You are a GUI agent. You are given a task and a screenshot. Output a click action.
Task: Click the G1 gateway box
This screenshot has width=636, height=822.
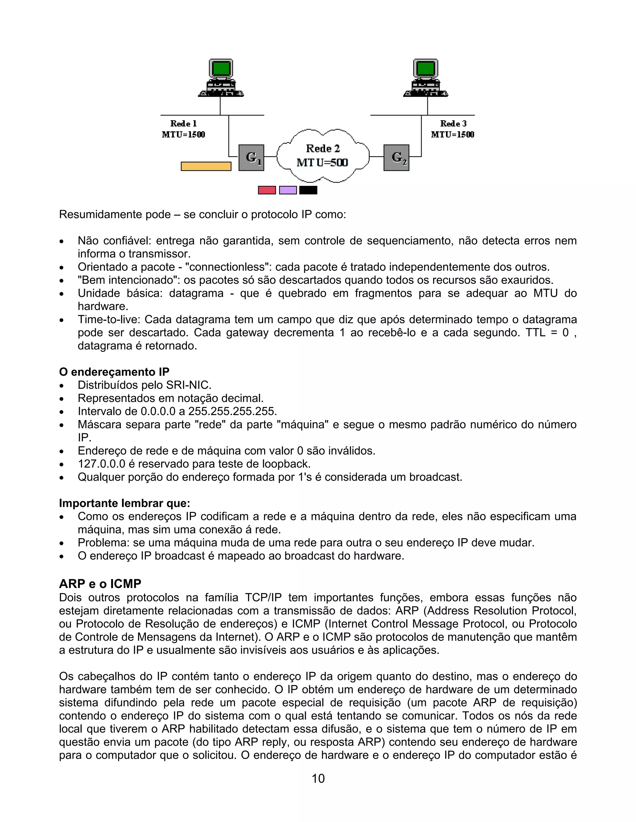(251, 158)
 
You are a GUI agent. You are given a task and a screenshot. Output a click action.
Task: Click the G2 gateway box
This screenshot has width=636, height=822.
(396, 158)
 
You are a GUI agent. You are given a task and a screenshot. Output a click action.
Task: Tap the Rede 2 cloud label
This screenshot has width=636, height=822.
(323, 149)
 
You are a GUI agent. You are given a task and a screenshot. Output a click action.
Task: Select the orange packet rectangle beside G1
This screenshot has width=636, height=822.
(206, 166)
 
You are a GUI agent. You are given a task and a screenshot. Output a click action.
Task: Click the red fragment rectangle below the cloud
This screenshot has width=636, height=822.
(267, 190)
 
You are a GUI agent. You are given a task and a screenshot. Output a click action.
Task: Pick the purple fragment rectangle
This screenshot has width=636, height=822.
(288, 190)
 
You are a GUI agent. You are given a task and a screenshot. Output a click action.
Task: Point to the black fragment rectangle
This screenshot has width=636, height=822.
(308, 190)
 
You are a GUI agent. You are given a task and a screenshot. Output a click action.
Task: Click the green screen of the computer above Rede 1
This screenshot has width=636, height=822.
(221, 69)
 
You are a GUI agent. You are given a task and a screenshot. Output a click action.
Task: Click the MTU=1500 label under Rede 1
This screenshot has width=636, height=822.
(184, 135)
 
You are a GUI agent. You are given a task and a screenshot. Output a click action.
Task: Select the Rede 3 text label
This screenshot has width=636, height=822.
(453, 123)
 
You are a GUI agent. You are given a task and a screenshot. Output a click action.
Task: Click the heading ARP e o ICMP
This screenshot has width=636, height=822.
(100, 584)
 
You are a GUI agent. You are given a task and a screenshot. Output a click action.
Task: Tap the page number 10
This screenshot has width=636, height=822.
(318, 778)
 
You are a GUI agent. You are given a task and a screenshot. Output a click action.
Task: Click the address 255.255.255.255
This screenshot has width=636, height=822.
(233, 411)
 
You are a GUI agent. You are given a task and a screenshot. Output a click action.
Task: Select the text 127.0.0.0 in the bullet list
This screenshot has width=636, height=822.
(101, 464)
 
